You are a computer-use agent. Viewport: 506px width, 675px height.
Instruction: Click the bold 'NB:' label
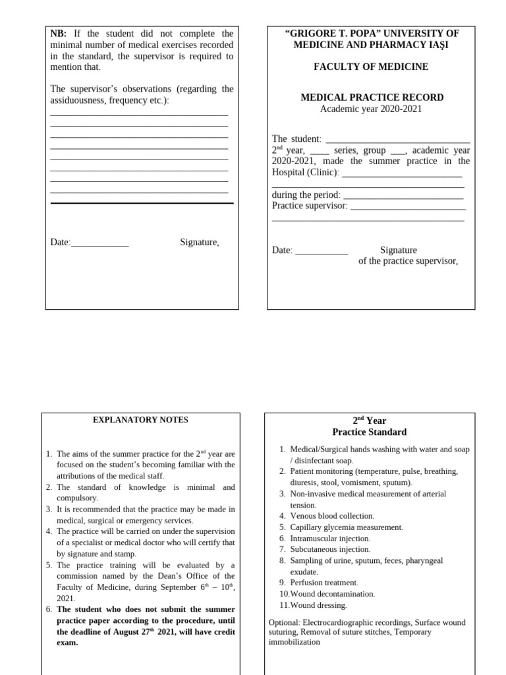[x=60, y=34]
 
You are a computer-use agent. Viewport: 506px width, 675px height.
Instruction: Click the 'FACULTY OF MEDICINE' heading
[x=372, y=67]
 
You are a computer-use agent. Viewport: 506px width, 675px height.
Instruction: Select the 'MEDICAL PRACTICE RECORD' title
[x=372, y=98]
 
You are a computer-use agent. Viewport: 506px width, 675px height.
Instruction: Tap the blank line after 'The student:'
[x=398, y=140]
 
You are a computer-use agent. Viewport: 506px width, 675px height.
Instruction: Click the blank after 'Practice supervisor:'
[x=408, y=206]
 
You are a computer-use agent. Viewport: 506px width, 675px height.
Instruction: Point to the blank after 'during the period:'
[x=403, y=195]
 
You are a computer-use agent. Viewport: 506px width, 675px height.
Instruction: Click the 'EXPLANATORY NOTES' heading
[x=140, y=420]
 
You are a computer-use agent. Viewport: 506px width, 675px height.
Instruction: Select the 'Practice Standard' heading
[x=369, y=432]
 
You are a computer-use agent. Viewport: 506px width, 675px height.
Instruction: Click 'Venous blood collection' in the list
[x=332, y=515]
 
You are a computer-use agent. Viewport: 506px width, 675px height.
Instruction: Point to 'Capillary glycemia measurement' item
[x=346, y=527]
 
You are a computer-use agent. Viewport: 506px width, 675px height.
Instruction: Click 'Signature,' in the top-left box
[x=200, y=243]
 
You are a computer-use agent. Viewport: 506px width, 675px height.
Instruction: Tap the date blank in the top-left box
[x=99, y=243]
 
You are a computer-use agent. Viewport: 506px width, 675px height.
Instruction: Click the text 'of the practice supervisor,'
[x=408, y=261]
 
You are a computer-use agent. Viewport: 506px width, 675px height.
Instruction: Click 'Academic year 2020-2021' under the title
[x=371, y=109]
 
